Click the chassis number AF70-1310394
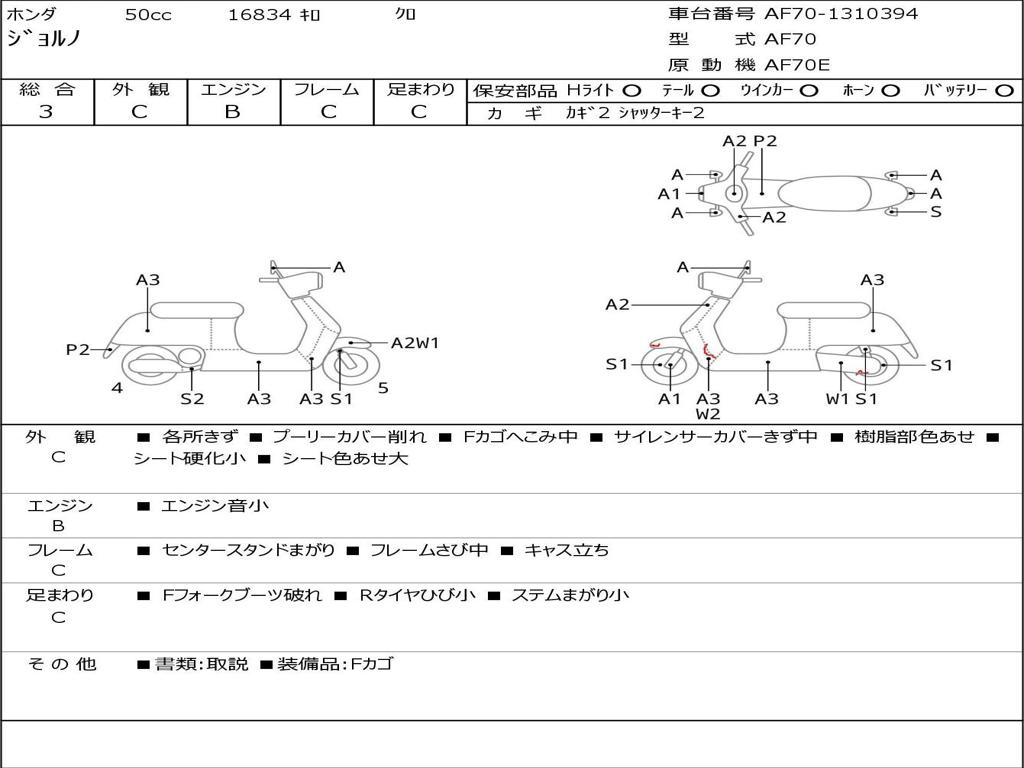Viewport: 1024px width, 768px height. click(840, 14)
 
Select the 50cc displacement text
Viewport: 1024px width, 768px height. click(148, 15)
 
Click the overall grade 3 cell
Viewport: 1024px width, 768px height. click(46, 112)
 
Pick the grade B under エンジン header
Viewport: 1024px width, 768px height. click(232, 112)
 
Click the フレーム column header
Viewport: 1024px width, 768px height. click(326, 89)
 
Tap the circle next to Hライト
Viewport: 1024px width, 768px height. click(632, 90)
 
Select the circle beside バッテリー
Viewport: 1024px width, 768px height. click(1004, 90)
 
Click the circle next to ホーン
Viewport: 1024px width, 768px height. click(890, 90)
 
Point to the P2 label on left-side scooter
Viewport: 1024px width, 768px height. click(77, 349)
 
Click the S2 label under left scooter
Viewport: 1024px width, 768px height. click(192, 398)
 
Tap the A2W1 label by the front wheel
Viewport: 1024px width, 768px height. click(415, 343)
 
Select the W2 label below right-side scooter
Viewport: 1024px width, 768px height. click(708, 413)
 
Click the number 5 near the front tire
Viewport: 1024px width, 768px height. click(383, 388)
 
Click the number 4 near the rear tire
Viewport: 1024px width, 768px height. click(117, 388)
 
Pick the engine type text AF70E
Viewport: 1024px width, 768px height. click(797, 66)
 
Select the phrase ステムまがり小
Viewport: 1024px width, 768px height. click(570, 595)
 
